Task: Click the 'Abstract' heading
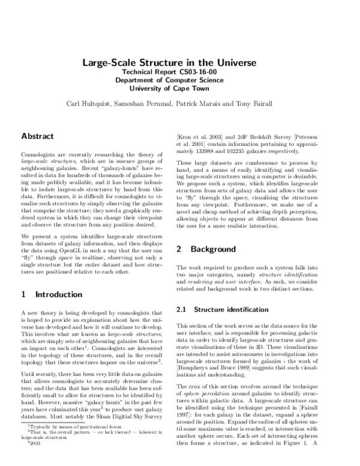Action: tap(37, 136)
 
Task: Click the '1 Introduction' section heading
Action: tap(52, 278)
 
